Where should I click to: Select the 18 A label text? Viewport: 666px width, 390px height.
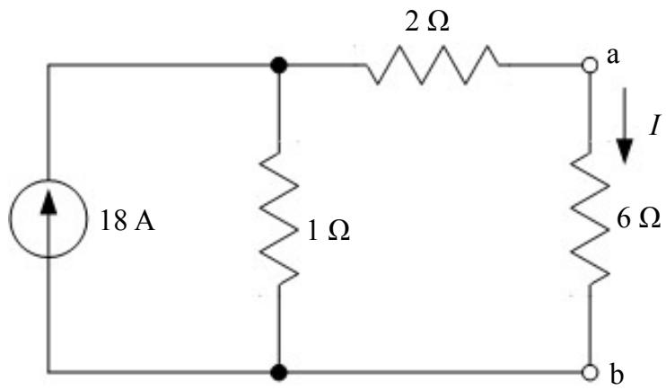tap(127, 221)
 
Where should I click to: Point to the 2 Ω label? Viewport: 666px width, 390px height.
tap(427, 22)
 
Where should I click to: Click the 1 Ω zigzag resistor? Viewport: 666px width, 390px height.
tap(278, 218)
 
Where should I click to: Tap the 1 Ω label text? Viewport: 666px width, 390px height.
tap(329, 231)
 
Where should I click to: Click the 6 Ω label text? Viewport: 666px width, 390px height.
tap(638, 218)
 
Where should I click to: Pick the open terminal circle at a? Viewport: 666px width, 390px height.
tap(590, 66)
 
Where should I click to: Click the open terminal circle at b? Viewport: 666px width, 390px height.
tap(590, 372)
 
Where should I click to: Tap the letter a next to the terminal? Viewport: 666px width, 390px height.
tap(612, 57)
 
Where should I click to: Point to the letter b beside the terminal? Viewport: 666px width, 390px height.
tap(617, 375)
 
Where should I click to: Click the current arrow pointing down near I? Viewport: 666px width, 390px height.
tap(625, 125)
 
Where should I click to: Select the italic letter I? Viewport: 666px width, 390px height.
tap(654, 127)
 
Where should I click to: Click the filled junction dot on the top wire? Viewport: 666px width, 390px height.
tap(278, 66)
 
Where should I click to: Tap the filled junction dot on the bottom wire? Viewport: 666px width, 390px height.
tap(278, 372)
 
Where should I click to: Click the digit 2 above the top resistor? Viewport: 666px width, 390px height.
tap(411, 22)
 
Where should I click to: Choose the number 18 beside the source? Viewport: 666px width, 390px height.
tap(113, 221)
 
